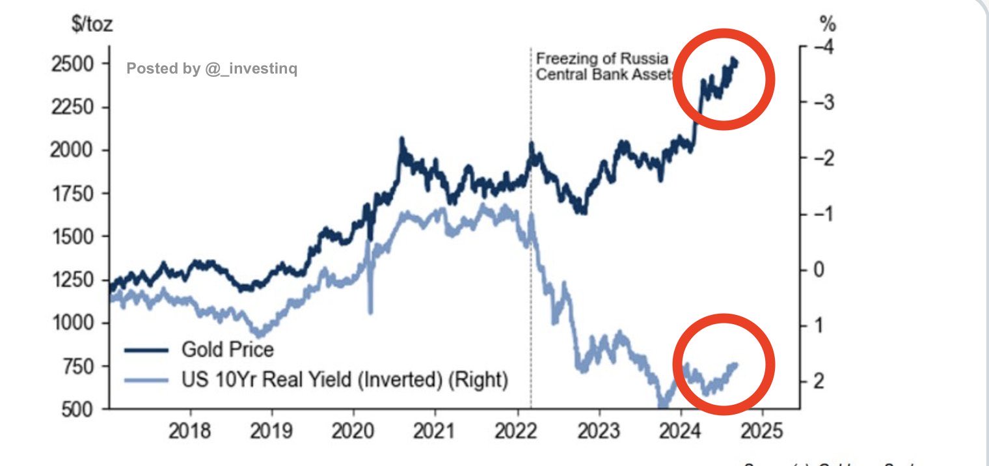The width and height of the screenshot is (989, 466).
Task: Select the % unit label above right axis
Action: (828, 25)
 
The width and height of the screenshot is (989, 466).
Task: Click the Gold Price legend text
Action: (227, 349)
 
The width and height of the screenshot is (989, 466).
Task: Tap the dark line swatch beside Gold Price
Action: (147, 350)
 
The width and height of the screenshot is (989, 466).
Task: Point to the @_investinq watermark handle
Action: (251, 68)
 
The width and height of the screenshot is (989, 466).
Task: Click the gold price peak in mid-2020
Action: (401, 140)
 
